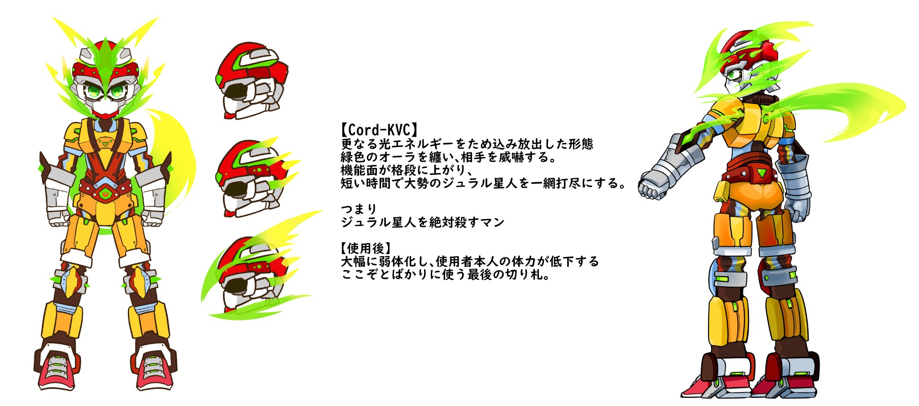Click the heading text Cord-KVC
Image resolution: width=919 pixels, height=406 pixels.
tap(379, 130)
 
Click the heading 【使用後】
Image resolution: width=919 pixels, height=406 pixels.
tap(366, 248)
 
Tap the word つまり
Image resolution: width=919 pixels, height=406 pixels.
tap(359, 209)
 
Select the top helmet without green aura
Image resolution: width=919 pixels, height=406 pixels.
tap(252, 81)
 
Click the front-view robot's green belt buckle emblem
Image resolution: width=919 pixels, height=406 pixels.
tap(105, 194)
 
